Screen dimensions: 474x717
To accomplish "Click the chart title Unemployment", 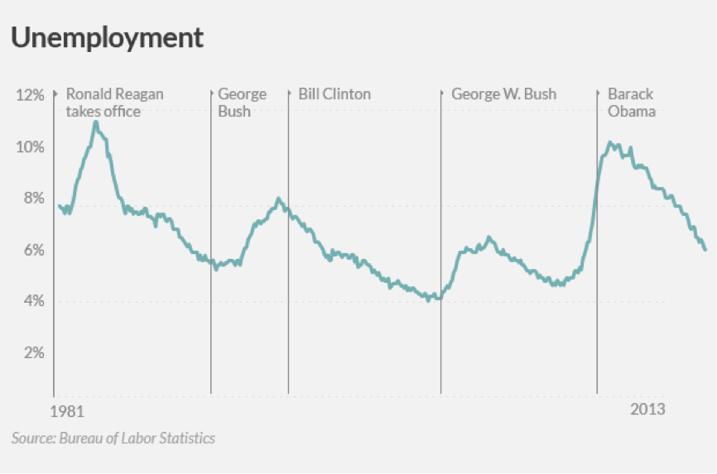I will point(107,37).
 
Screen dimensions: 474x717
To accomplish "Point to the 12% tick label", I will point(30,95).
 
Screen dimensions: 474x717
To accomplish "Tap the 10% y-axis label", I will point(30,147).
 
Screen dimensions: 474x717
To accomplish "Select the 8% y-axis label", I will point(33,199).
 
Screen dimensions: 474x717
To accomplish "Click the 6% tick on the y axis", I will point(33,250).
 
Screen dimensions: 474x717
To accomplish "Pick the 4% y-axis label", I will point(33,301).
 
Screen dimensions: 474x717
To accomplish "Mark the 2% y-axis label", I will point(33,353).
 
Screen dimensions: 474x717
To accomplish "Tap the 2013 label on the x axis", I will point(647,410).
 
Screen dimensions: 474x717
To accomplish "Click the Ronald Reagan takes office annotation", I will point(114,103).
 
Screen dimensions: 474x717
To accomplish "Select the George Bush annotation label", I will point(242,103).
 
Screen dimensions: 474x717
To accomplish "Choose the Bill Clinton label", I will point(334,94).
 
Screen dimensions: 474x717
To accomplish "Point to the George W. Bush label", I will point(503,94).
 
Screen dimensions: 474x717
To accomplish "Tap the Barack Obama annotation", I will point(631,103).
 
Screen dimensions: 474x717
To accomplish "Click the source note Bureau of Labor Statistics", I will point(113,438).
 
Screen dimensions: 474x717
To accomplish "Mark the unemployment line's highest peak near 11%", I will point(96,122).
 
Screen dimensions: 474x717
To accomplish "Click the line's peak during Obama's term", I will point(610,143).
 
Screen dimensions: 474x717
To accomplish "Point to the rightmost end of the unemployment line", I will point(705,249).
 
